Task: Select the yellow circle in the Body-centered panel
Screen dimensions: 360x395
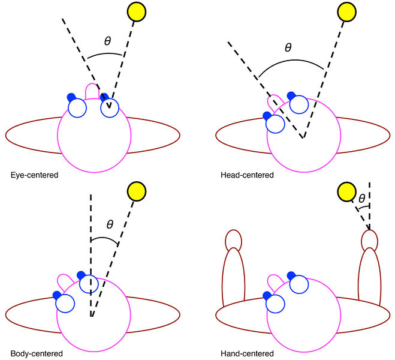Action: tap(137, 191)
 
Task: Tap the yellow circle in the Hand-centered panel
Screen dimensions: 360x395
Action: tap(347, 192)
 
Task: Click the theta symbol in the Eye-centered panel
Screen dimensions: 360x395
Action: tap(107, 41)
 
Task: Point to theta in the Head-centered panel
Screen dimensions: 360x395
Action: tap(288, 47)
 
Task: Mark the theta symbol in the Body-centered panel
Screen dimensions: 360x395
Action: tap(110, 224)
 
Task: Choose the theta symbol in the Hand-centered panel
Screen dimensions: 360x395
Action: tap(361, 197)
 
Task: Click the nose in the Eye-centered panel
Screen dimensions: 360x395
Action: tap(93, 91)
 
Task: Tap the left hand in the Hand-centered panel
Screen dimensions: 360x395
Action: tap(233, 239)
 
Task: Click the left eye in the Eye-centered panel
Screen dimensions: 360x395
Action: tap(77, 108)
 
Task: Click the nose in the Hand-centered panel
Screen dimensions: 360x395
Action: tap(275, 282)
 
